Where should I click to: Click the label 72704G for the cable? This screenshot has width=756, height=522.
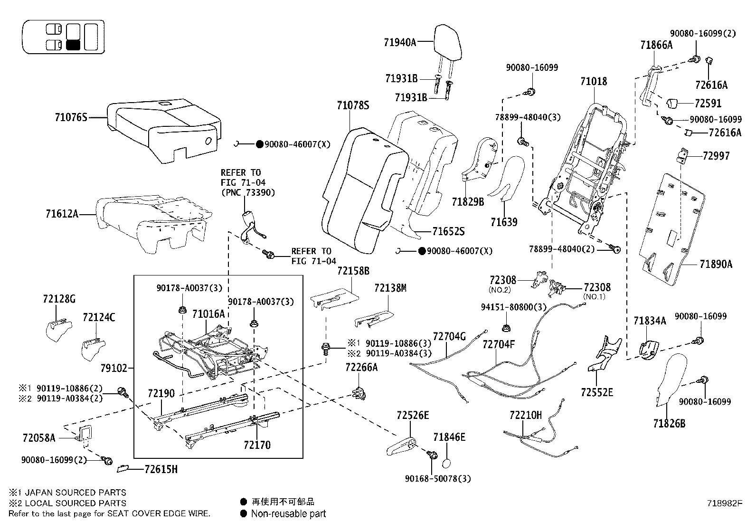(x=449, y=337)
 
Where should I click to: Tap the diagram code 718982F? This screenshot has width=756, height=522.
(x=723, y=503)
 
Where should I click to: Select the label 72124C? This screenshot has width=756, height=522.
(x=99, y=317)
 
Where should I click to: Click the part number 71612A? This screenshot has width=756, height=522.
(x=62, y=214)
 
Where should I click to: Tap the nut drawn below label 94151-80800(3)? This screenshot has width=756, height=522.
(x=506, y=328)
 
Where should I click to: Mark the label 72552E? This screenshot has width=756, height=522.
(x=596, y=392)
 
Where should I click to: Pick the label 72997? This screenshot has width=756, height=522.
(x=716, y=156)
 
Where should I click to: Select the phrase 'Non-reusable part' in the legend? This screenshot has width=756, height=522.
(x=288, y=513)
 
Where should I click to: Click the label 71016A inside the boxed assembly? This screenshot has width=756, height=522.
(x=208, y=314)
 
